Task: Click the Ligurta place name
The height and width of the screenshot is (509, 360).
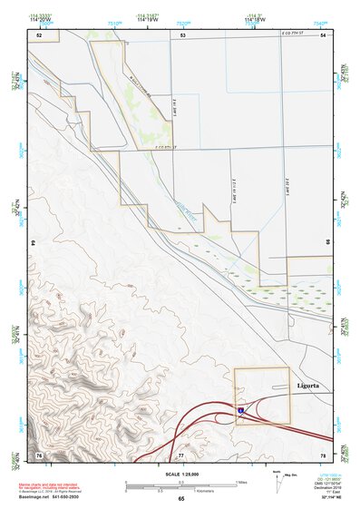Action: (307, 386)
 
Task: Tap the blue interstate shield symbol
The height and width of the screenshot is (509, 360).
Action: (241, 411)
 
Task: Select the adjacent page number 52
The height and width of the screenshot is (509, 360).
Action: (39, 34)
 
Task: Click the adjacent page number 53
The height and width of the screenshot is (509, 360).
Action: (182, 34)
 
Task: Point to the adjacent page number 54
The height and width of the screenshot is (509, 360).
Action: (323, 34)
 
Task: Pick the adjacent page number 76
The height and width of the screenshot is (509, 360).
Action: (39, 453)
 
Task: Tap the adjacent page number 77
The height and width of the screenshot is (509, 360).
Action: (181, 453)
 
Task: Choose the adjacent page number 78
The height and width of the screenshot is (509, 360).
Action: (323, 453)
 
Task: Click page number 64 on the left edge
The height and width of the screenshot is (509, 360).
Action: (34, 243)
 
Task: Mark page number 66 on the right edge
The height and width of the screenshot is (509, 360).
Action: (327, 243)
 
